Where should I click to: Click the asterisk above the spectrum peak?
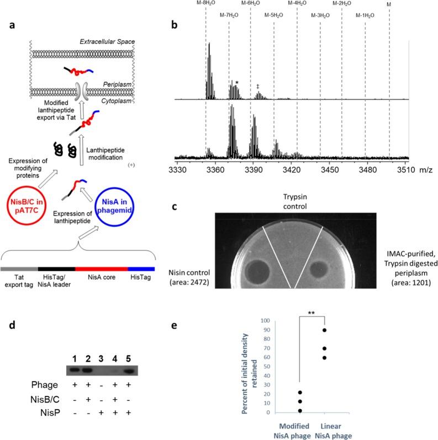pyautogui.click(x=237, y=83)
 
